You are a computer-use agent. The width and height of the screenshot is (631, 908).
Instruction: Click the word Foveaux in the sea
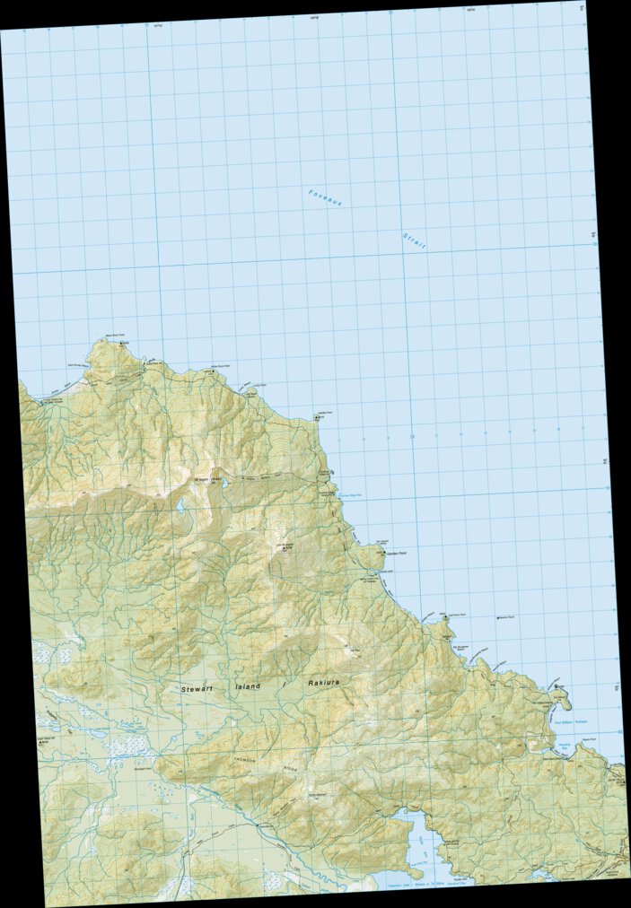pyautogui.click(x=326, y=198)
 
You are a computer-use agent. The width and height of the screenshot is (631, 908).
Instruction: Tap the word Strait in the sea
pyautogui.click(x=414, y=241)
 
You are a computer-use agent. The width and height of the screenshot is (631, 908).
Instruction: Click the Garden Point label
pyautogui.click(x=386, y=553)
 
